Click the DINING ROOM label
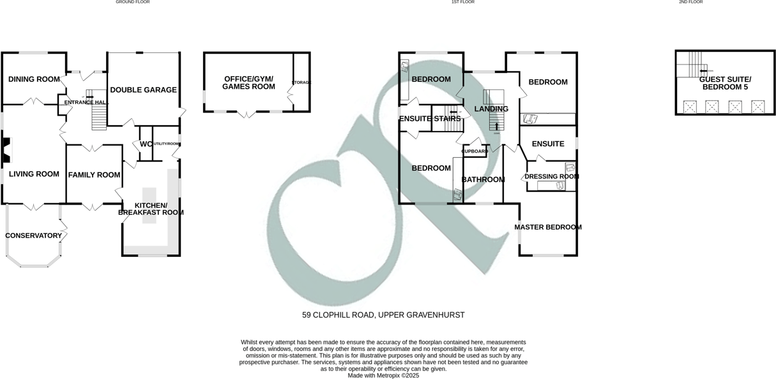point(34,79)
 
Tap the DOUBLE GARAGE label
point(143,90)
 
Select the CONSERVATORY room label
point(33,236)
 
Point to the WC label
point(146,144)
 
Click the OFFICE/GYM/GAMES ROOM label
point(248,82)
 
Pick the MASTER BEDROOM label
point(547,227)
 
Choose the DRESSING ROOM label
point(551,176)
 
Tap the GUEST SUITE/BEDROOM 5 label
point(725,83)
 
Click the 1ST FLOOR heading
point(462,3)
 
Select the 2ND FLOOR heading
point(690,3)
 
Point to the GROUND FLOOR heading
point(132,3)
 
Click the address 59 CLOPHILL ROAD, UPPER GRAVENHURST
point(383,315)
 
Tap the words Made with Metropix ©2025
point(383,376)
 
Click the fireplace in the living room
point(6,150)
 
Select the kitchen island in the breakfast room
point(149,205)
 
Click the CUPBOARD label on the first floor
point(475,151)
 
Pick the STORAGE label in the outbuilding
point(301,83)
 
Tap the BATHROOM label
point(483,180)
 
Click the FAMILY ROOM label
point(95,175)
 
